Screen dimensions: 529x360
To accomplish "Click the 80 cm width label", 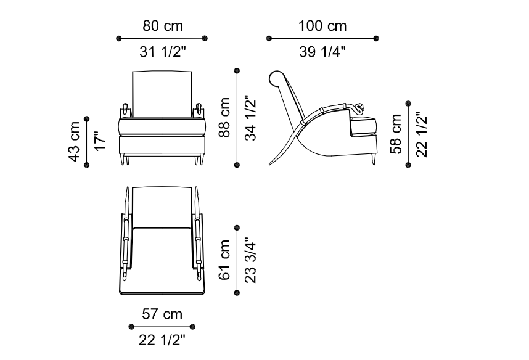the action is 163,26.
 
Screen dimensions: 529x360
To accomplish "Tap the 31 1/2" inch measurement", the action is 163,52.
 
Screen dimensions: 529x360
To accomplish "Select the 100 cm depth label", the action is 322,26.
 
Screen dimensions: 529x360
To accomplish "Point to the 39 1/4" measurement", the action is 322,52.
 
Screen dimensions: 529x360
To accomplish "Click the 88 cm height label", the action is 224,117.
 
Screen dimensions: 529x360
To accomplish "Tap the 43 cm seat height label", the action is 74,142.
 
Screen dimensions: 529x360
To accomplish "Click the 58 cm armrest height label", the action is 396,134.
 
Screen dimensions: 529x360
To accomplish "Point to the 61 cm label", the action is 224,260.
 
